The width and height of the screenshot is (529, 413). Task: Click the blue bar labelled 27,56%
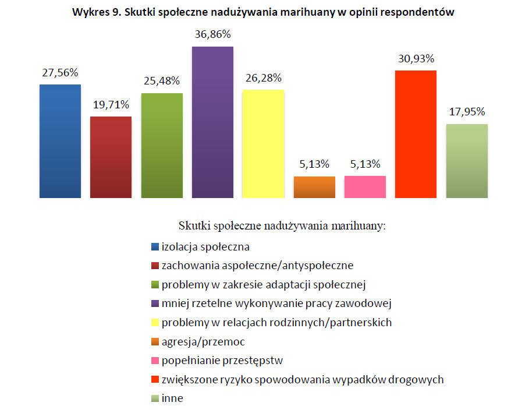[x=60, y=141]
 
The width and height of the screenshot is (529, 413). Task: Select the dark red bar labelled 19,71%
[x=111, y=157]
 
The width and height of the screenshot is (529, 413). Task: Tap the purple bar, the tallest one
[x=212, y=122]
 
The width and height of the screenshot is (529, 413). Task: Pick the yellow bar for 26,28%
[x=263, y=144]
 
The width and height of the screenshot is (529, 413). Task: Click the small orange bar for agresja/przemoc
[x=314, y=187]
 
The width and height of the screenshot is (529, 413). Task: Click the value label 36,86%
[x=212, y=35]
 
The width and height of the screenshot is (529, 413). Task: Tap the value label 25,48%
[x=161, y=80]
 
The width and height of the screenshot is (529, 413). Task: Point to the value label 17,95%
[x=467, y=112]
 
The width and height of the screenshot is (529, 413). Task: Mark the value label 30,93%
[x=416, y=58]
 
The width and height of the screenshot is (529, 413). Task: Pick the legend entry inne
[x=172, y=398]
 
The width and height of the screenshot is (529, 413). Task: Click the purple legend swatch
[x=154, y=304]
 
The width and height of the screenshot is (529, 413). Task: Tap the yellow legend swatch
[x=154, y=323]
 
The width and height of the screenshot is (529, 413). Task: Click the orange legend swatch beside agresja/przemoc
[x=154, y=342]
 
